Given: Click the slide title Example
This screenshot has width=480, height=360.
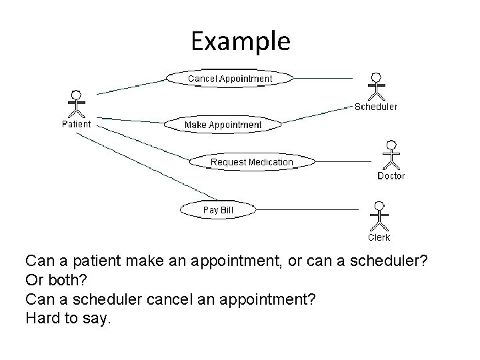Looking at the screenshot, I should point(240,42).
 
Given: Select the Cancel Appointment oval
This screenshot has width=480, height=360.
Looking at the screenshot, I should point(229,79).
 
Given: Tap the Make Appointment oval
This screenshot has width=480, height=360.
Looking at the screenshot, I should point(223,125).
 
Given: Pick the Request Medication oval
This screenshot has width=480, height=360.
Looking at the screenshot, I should point(251,162).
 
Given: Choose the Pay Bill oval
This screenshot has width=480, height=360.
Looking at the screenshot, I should point(218,210).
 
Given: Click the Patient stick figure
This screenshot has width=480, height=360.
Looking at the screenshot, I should point(77,103).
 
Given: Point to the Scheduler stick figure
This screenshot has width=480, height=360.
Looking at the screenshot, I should point(377,85).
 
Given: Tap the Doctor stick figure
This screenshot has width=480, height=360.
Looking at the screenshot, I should point(391,155).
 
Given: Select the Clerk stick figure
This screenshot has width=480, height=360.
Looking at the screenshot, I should point(379,215).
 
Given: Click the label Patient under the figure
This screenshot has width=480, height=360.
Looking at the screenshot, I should point(77,123).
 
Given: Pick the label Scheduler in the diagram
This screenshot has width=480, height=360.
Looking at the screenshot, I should point(375,107).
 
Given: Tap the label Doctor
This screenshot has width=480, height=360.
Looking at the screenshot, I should point(391,176).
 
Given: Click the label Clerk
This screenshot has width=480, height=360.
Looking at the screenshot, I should point(379,237).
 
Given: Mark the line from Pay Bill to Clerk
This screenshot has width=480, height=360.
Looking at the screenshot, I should point(307,210).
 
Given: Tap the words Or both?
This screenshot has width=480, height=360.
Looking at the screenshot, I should point(59,281).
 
